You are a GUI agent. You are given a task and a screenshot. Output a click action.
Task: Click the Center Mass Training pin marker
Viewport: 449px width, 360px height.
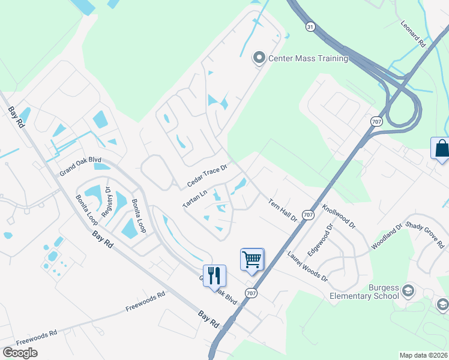(259, 58)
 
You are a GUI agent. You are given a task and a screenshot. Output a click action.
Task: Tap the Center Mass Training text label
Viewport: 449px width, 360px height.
(308, 58)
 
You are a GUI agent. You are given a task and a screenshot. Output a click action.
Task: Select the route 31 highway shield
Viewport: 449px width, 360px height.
(310, 26)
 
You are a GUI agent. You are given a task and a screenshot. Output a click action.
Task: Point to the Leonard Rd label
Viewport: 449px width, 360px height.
(413, 35)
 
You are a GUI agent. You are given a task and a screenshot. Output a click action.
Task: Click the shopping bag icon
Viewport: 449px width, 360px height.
(441, 148)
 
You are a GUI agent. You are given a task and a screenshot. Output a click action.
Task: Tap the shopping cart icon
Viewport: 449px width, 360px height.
(252, 259)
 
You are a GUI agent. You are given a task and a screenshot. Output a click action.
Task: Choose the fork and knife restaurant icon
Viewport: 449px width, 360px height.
(214, 275)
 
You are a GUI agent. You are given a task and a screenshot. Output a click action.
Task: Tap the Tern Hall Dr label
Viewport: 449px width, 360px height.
(283, 211)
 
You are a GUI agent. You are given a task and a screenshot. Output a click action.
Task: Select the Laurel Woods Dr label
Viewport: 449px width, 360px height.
(307, 266)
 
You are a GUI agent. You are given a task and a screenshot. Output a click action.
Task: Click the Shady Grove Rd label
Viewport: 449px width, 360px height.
(424, 235)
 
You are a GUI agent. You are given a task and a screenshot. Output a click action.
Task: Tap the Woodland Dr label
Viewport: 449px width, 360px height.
(387, 238)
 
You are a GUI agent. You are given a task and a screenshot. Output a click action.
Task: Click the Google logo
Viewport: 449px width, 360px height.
(20, 353)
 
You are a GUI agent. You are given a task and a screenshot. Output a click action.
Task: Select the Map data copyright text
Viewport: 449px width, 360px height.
(424, 355)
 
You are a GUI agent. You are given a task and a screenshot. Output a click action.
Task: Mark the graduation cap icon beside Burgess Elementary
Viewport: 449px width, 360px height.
(408, 291)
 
